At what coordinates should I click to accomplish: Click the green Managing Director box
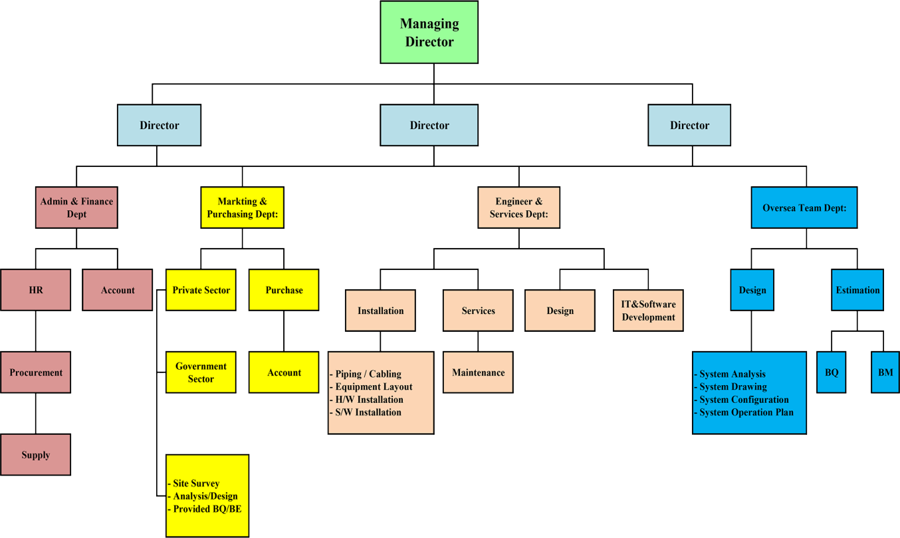tap(429, 33)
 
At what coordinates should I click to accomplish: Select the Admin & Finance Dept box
tap(76, 207)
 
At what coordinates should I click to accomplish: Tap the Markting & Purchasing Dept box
tap(242, 207)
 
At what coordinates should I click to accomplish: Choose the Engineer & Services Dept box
tap(518, 207)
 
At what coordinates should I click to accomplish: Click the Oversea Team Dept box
tap(804, 207)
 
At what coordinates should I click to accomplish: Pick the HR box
tap(35, 290)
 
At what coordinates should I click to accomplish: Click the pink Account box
tap(118, 290)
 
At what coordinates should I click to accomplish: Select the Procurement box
tap(35, 372)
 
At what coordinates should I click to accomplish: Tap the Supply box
tap(35, 455)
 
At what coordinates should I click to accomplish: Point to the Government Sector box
tap(201, 372)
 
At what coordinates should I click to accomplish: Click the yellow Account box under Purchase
tap(284, 372)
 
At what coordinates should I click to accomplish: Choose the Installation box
tap(380, 311)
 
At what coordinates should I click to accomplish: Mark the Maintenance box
tap(478, 372)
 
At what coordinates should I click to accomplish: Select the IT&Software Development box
tap(648, 311)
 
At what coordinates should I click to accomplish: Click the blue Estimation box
tap(857, 290)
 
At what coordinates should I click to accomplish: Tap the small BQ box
tap(832, 372)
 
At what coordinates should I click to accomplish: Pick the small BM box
tap(885, 372)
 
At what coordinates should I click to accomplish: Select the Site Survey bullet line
tap(195, 483)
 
